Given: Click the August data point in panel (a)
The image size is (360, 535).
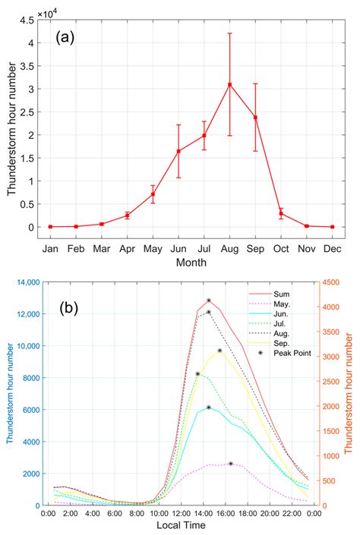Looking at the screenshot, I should (229, 84).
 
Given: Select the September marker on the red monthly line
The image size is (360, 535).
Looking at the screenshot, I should (255, 118).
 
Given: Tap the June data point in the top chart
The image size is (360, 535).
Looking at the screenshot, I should (178, 151).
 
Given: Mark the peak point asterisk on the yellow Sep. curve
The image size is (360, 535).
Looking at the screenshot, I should (219, 351).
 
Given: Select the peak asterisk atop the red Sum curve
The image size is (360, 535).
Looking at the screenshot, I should (209, 301).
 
